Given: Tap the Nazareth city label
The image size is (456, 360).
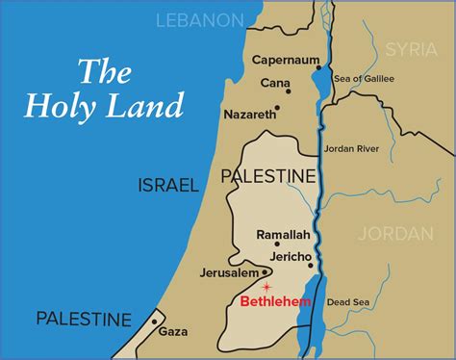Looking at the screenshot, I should tap(249, 113).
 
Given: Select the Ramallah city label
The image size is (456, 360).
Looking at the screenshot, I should tap(282, 235).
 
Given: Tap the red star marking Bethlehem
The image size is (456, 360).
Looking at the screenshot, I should tap(266, 287).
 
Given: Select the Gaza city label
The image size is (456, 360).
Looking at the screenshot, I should tap(173, 332).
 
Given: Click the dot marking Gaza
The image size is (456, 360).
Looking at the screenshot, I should tap(154, 321).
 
